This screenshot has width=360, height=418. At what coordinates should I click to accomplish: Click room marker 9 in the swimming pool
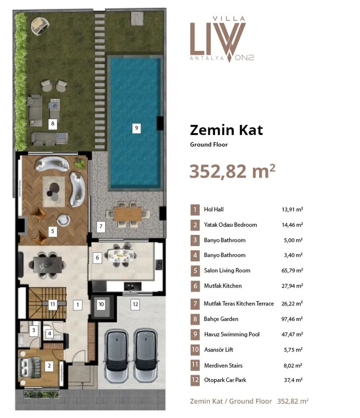[x=136, y=128]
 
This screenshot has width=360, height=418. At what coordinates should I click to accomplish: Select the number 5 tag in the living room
[x=53, y=232]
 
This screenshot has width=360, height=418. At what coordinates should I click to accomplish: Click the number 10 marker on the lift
[x=101, y=304]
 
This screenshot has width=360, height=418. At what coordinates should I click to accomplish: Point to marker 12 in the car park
[x=135, y=304]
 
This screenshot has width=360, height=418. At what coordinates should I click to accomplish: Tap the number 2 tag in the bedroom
[x=49, y=366]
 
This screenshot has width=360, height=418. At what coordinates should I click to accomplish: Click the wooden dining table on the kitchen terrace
[x=128, y=214]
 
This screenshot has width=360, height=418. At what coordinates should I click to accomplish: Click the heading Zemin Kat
[x=226, y=130]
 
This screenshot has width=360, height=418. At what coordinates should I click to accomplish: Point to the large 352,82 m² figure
[x=232, y=171]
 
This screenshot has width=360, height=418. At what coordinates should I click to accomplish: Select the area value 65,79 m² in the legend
[x=292, y=270]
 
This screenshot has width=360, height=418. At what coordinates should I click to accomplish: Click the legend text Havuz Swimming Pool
[x=232, y=334]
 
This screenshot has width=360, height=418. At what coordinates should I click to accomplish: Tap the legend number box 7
[x=195, y=303]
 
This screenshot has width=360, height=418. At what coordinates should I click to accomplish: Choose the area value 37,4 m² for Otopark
[x=293, y=380]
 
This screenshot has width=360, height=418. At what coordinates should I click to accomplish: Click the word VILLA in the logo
[x=229, y=19]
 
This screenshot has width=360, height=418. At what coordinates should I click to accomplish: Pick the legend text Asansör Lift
[x=218, y=350]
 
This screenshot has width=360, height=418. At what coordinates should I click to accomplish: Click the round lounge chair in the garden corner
[x=40, y=25]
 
